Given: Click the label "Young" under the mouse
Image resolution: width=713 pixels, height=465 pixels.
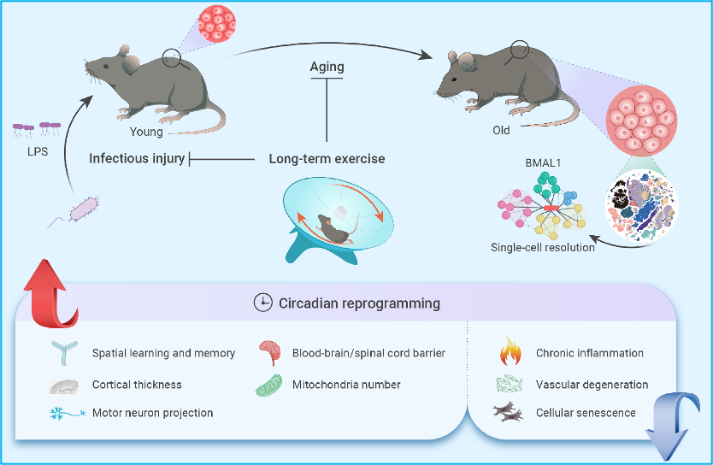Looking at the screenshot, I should (146, 132).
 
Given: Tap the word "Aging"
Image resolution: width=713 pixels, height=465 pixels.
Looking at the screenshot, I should (327, 67).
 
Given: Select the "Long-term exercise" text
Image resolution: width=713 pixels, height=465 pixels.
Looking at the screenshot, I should (327, 158).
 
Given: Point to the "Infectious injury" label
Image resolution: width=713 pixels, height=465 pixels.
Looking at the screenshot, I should (137, 158).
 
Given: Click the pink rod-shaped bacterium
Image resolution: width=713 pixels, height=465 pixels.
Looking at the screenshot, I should (84, 208).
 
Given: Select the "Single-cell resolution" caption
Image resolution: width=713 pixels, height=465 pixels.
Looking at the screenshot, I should (543, 248).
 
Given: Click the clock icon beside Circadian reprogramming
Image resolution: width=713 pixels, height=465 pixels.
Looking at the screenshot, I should (262, 303).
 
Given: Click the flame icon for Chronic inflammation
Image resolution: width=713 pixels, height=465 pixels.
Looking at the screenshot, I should (509, 352).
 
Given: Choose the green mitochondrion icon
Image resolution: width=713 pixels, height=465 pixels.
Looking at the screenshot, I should (268, 384).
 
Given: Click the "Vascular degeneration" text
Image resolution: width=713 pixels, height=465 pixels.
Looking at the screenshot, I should (592, 385).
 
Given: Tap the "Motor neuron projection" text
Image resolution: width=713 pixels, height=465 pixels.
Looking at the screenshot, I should (153, 413).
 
